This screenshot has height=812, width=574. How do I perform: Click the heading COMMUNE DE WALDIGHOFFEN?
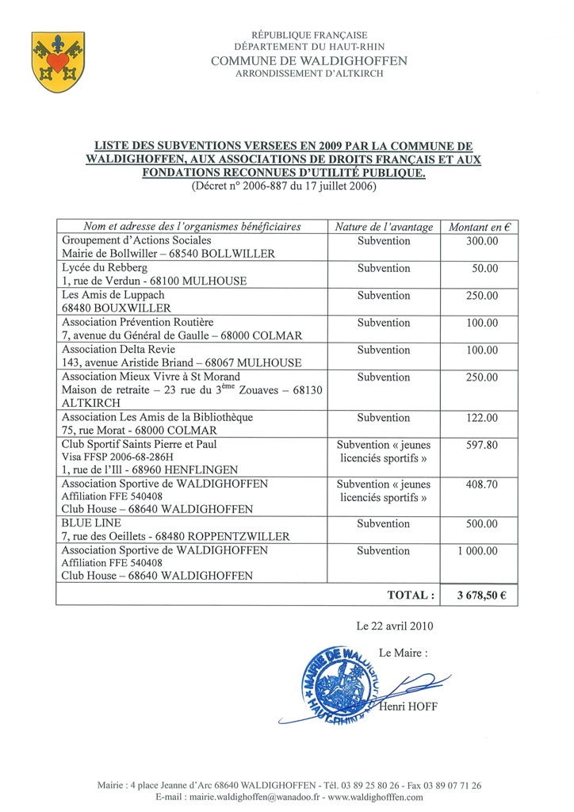click(x=309, y=61)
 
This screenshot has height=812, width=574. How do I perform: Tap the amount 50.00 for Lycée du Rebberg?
click(x=484, y=268)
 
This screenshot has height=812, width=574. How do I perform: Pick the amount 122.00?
click(x=482, y=417)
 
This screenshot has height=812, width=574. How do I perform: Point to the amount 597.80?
click(x=482, y=445)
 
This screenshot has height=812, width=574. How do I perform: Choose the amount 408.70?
click(x=482, y=484)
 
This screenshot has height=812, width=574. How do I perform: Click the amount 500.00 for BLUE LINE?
click(x=482, y=523)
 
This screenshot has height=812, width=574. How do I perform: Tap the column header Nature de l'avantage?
click(x=384, y=227)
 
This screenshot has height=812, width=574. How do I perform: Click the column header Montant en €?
click(x=480, y=227)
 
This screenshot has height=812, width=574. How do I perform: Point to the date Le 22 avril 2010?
click(x=395, y=626)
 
